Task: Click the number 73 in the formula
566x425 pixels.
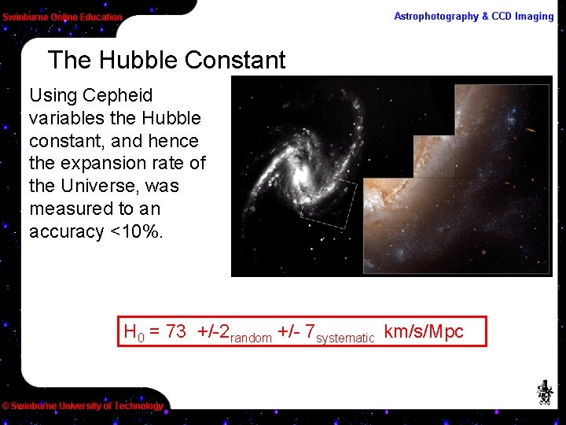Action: (x=176, y=332)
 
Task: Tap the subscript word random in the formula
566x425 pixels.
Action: (x=251, y=338)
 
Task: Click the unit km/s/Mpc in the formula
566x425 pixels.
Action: (x=424, y=332)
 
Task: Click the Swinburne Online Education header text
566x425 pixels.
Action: (x=62, y=17)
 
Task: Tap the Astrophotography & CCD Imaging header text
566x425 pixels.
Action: (x=473, y=17)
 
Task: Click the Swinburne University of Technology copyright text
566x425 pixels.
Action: (x=83, y=406)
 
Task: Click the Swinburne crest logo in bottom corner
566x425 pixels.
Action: (x=544, y=392)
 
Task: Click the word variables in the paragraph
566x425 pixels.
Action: (x=66, y=118)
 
